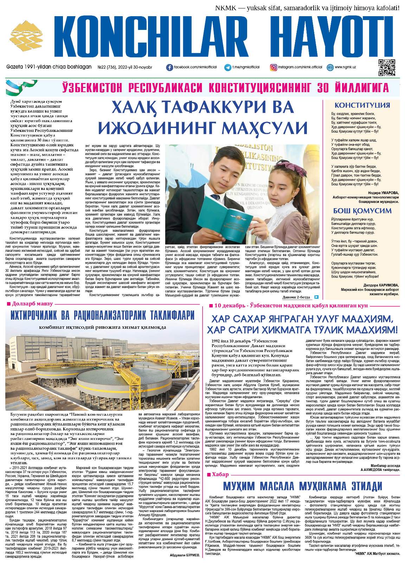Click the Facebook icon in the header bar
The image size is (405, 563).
[x=169, y=67]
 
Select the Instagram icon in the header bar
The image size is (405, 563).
[x=273, y=67]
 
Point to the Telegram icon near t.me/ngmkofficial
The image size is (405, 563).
[x=228, y=67]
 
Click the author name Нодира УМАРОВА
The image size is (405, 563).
[x=383, y=192]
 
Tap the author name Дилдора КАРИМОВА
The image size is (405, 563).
[x=381, y=285]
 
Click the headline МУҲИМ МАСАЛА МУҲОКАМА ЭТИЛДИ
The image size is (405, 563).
[x=303, y=486]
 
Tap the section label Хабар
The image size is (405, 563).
[x=220, y=474]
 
